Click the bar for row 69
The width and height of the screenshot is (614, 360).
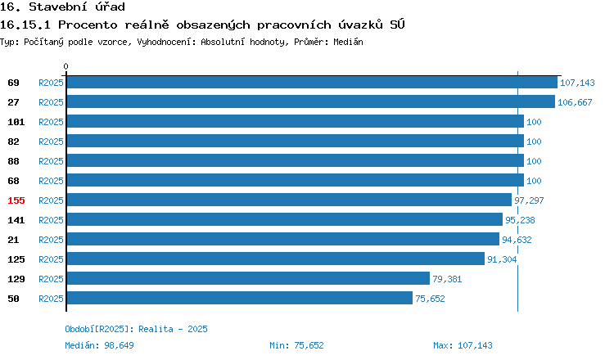click(312, 82)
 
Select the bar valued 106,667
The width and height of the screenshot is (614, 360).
click(311, 101)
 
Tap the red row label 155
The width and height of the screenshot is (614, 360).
click(16, 200)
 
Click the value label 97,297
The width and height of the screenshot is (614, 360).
click(529, 200)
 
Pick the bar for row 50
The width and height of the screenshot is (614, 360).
click(240, 298)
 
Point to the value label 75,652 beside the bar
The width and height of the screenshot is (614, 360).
click(430, 299)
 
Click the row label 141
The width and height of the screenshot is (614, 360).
click(16, 220)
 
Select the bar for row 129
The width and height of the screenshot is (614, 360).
click(248, 279)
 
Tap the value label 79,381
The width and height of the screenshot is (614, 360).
click(447, 279)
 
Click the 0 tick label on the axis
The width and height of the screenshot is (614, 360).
click(65, 66)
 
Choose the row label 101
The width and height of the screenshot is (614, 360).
click(16, 122)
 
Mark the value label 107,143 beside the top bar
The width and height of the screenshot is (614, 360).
click(577, 83)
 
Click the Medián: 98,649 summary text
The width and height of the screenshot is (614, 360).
click(99, 345)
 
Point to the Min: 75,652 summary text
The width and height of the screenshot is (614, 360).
click(296, 345)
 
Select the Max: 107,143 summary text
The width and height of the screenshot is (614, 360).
click(463, 345)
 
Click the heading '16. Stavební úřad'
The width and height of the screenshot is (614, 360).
click(62, 7)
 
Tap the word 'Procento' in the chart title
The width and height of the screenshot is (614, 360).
click(88, 25)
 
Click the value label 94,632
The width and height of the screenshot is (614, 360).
click(517, 240)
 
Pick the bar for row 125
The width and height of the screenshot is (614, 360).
click(276, 259)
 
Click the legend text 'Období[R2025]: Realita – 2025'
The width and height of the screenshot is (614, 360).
click(136, 329)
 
